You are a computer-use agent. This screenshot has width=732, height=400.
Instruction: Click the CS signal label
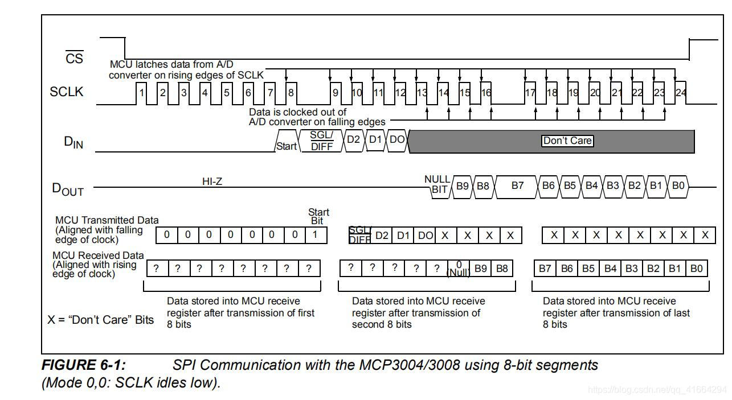(74, 58)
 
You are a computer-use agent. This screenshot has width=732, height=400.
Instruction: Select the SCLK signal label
(67, 92)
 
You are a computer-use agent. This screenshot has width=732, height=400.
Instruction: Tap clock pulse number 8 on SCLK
(291, 92)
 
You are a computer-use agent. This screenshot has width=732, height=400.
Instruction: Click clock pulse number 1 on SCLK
(142, 92)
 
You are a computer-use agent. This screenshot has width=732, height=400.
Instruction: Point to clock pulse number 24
(681, 92)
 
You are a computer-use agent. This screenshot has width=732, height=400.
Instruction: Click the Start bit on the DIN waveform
(286, 146)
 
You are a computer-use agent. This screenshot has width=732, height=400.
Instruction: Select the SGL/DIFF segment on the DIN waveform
(321, 141)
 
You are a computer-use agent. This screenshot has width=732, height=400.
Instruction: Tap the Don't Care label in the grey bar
(567, 141)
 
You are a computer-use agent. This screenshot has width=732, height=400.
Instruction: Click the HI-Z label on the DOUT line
(212, 182)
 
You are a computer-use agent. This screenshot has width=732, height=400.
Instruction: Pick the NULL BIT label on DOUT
(437, 184)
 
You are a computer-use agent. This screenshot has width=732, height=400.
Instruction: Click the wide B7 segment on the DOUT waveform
(517, 185)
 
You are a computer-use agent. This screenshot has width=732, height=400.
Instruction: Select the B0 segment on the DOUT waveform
(678, 185)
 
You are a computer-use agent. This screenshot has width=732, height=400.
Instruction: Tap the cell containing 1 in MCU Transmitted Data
(315, 234)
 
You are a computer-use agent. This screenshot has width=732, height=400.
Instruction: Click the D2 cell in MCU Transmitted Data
(382, 235)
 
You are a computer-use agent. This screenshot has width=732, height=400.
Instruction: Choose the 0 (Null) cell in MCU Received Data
(459, 269)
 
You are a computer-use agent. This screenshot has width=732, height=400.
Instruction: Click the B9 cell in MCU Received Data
(481, 269)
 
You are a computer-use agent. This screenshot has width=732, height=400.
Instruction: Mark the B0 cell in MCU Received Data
(696, 269)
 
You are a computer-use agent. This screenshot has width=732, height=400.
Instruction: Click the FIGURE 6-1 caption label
(84, 365)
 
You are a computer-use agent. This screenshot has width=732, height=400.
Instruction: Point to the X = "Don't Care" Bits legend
(101, 319)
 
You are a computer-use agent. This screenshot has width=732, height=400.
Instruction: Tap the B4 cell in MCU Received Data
(610, 269)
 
